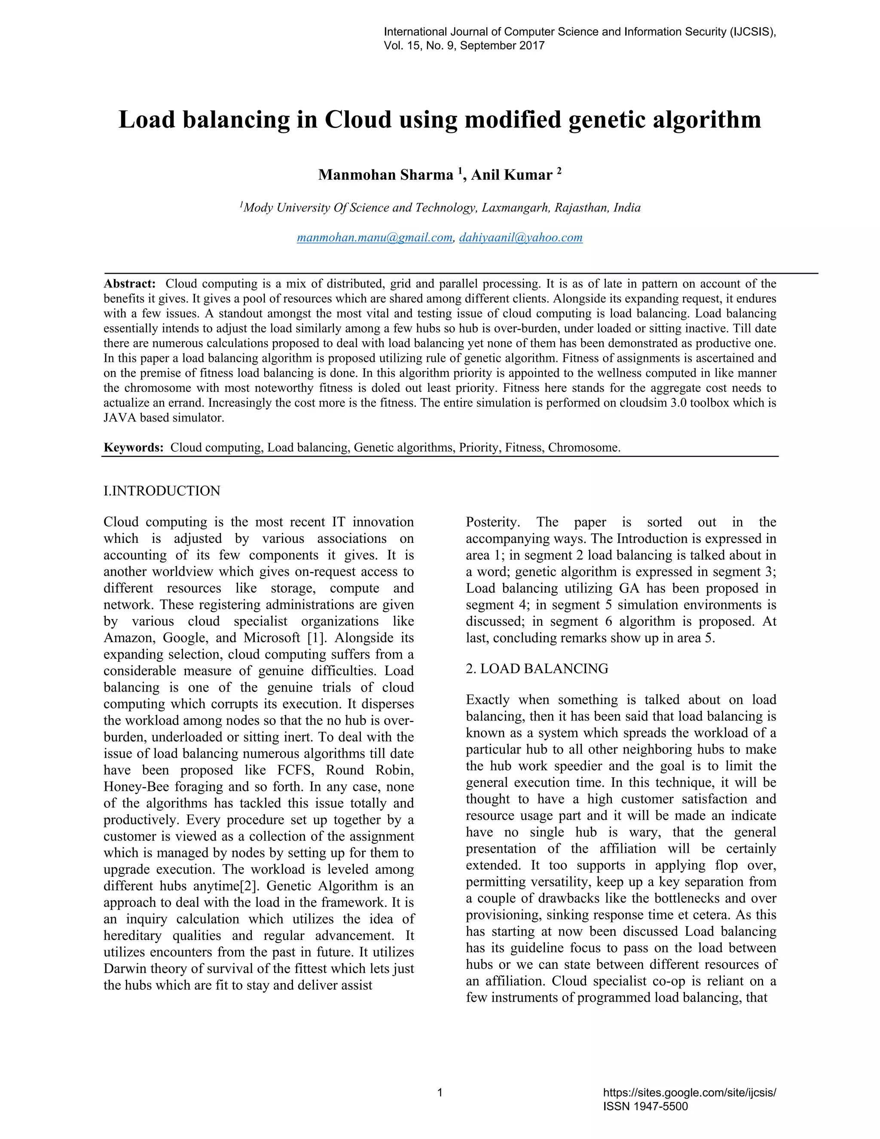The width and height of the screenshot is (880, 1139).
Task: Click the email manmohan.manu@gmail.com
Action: pyautogui.click(x=374, y=238)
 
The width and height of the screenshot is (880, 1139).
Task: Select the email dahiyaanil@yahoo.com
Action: pyautogui.click(x=520, y=238)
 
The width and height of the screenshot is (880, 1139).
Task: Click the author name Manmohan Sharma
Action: pyautogui.click(x=385, y=175)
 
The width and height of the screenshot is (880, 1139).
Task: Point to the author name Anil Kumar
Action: pyautogui.click(x=511, y=175)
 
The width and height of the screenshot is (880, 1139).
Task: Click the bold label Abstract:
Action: pyautogui.click(x=129, y=284)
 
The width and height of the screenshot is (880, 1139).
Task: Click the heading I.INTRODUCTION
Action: pyautogui.click(x=162, y=491)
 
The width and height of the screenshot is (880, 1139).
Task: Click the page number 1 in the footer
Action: pyautogui.click(x=440, y=1092)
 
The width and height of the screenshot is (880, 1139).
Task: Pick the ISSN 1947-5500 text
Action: pyautogui.click(x=645, y=1106)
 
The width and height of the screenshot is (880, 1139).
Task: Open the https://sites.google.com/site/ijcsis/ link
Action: pyautogui.click(x=689, y=1093)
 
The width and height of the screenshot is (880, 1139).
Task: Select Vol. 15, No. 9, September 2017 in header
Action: pyautogui.click(x=464, y=46)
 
